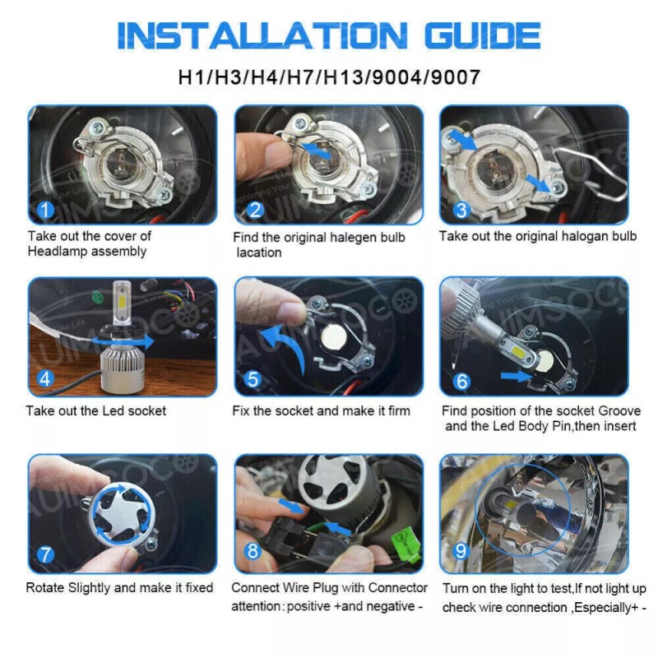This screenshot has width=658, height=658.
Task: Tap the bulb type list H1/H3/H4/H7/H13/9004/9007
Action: (329, 77)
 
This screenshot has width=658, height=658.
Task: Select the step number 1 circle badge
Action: (46, 211)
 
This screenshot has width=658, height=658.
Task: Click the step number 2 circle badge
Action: (255, 211)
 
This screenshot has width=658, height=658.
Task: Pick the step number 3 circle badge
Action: (461, 211)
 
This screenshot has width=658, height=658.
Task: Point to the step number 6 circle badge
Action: (461, 381)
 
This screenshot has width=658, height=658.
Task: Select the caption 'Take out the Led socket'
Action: (96, 410)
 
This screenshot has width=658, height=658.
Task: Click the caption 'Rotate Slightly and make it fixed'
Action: (119, 588)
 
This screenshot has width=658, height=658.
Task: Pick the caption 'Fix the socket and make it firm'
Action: (321, 410)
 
